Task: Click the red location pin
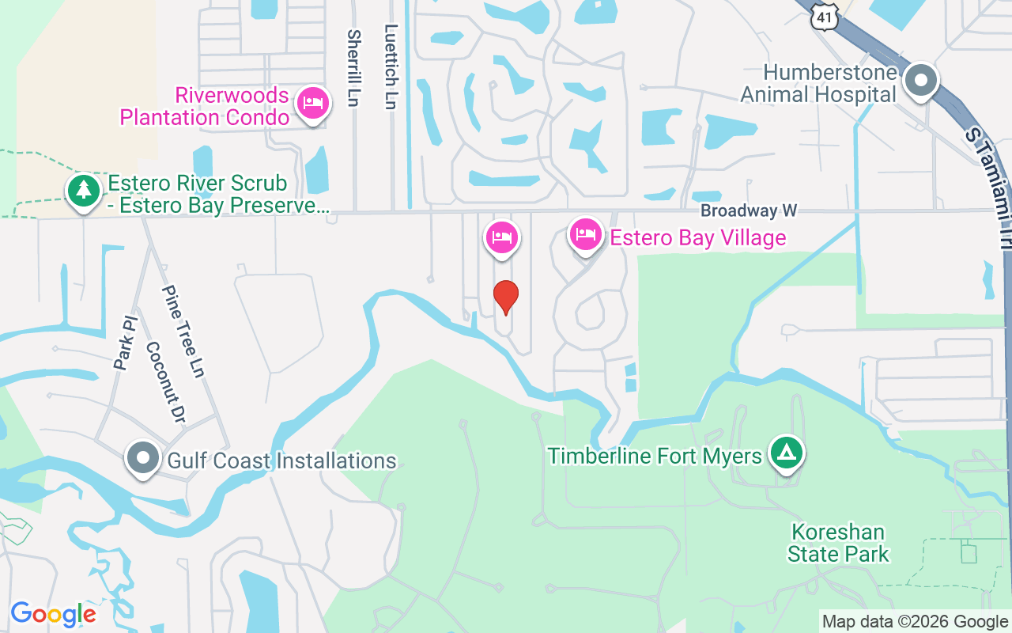tap(505, 297)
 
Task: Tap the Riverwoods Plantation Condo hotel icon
tap(312, 104)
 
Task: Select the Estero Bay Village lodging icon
tap(586, 235)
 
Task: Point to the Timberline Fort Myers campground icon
tap(786, 453)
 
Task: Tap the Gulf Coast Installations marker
tap(143, 458)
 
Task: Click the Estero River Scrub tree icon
tap(83, 190)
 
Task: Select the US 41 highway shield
tap(824, 16)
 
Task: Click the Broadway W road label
tap(749, 210)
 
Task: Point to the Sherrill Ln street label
tap(353, 69)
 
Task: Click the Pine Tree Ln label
tap(183, 332)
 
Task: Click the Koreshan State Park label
tap(838, 543)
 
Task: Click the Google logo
tap(53, 614)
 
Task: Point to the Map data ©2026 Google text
tap(915, 622)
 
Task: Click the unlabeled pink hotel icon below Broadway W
tap(501, 237)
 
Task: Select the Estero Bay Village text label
tap(698, 237)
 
